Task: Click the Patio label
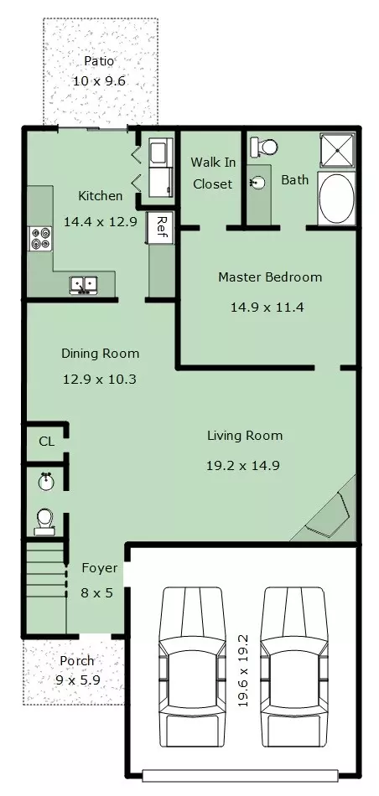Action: coord(99,61)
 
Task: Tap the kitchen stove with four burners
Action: coord(40,239)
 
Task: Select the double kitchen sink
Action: coord(84,285)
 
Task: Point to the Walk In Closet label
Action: coord(212,173)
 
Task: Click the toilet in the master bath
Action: coord(264,147)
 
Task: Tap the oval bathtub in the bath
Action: coord(336,198)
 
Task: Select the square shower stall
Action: coord(337,150)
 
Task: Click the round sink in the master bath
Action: coord(258,183)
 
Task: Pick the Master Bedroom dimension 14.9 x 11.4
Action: coord(267,308)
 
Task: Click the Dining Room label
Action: coord(100,354)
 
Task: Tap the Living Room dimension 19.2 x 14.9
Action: coord(243,465)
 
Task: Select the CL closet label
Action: coord(47,442)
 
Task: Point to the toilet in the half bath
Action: coord(44,522)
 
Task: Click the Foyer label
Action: coord(100,568)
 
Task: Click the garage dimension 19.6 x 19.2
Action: coord(243,670)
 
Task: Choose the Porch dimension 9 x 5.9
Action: coord(76,680)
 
